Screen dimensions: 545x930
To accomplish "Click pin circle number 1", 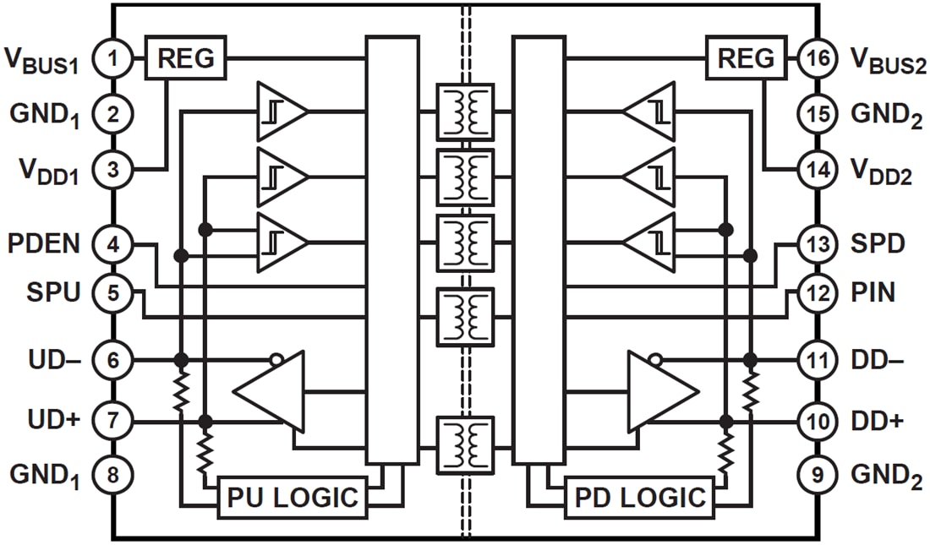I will pyautogui.click(x=112, y=59).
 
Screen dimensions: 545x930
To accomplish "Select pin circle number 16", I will pyautogui.click(x=818, y=59).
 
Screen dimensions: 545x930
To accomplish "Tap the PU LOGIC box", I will pyautogui.click(x=293, y=498).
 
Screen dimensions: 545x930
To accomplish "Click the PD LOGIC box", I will pyautogui.click(x=639, y=498).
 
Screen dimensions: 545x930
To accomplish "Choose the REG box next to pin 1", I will pyautogui.click(x=185, y=58).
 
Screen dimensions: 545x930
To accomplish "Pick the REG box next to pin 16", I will pyautogui.click(x=745, y=58).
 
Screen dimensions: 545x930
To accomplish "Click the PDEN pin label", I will pyautogui.click(x=44, y=245).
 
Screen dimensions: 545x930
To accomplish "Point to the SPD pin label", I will pyautogui.click(x=878, y=245).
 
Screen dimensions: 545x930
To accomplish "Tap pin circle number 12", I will pyautogui.click(x=818, y=293).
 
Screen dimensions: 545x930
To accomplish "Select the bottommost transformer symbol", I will pyautogui.click(x=464, y=444).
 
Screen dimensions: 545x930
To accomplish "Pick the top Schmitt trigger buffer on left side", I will pyautogui.click(x=281, y=111).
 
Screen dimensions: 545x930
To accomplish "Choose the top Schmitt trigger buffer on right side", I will pyautogui.click(x=649, y=111).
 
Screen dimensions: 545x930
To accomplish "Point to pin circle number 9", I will pyautogui.click(x=818, y=474).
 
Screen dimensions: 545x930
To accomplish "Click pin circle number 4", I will pyautogui.click(x=112, y=245).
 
